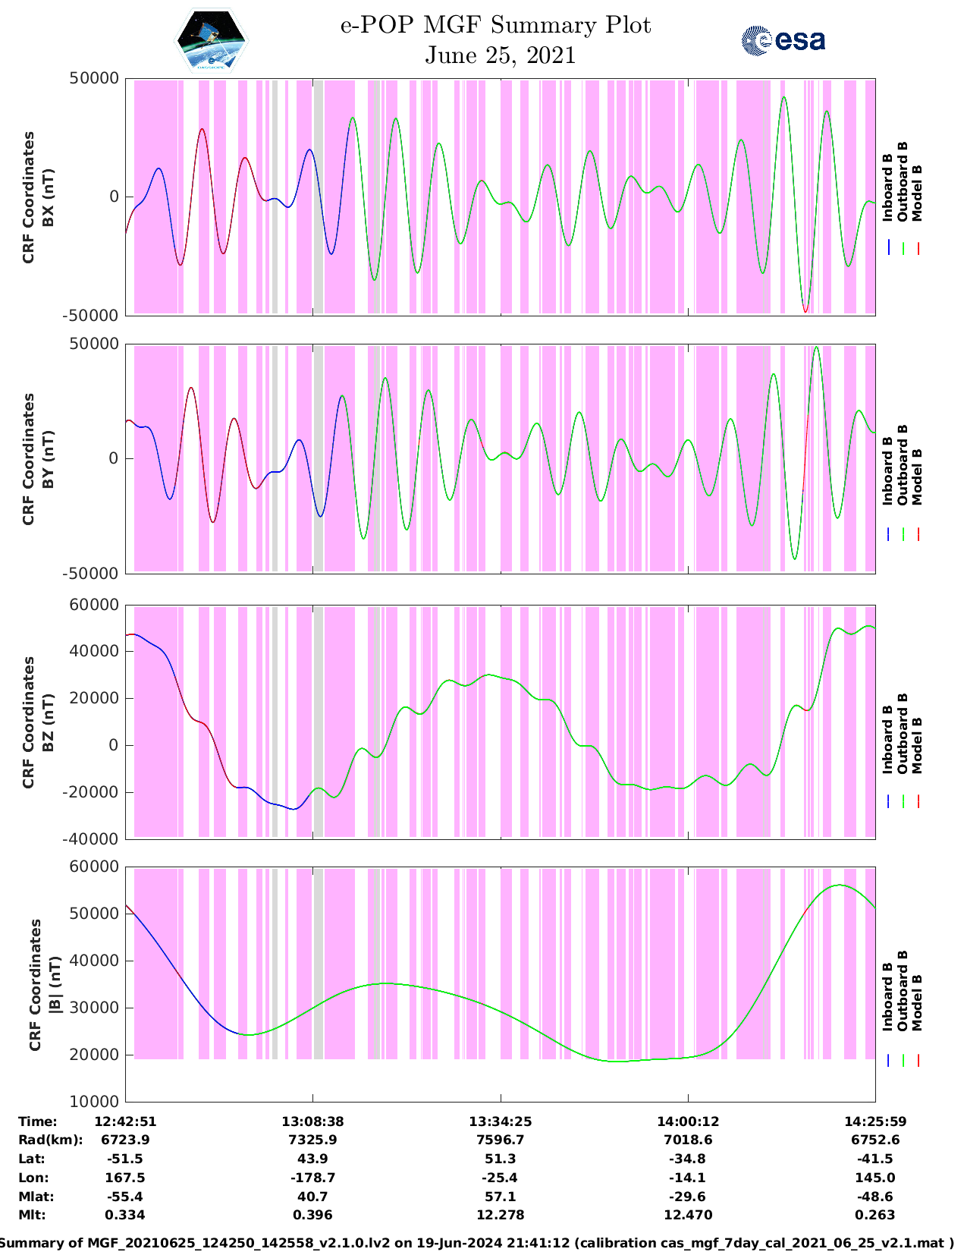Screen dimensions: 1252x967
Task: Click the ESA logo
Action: click(783, 40)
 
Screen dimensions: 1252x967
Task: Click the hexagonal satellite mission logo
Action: click(212, 42)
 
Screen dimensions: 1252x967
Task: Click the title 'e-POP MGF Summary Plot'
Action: click(495, 25)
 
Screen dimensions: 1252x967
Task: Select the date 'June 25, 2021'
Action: click(500, 55)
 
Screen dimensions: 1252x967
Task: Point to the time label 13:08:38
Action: click(312, 1121)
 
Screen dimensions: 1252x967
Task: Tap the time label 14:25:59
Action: click(875, 1121)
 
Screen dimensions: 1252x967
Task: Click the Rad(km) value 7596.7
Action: click(500, 1140)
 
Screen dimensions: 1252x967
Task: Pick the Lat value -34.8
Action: click(687, 1159)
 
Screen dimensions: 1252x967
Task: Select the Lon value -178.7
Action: click(312, 1178)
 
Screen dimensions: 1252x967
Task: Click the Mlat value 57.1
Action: click(500, 1197)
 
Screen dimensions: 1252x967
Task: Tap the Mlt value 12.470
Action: click(687, 1215)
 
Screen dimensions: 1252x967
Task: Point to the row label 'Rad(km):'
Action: click(51, 1140)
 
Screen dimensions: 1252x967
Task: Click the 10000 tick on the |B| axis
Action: click(99, 1102)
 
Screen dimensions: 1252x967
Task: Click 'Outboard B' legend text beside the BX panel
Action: click(903, 182)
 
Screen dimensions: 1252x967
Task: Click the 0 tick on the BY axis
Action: click(114, 458)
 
